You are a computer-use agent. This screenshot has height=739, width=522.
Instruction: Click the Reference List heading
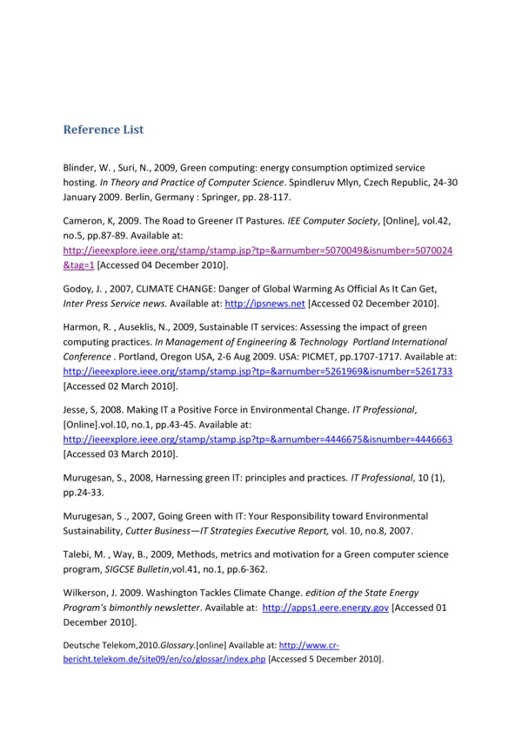[x=103, y=130]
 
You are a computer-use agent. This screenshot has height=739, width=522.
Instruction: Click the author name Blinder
[x=80, y=166]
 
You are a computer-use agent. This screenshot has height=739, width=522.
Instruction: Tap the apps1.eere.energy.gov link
[x=325, y=608]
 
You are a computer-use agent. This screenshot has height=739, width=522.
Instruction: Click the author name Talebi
[x=79, y=554]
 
